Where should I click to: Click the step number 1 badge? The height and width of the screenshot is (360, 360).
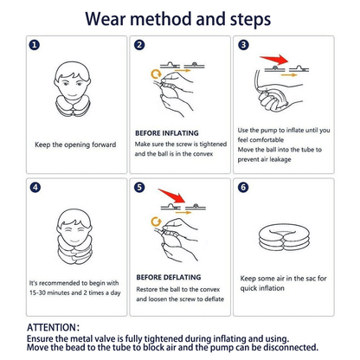pyautogui.click(x=35, y=45)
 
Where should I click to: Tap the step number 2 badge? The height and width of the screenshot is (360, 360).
pyautogui.click(x=139, y=45)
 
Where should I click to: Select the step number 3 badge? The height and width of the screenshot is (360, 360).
pyautogui.click(x=243, y=45)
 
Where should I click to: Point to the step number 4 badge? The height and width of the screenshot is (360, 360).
pyautogui.click(x=35, y=188)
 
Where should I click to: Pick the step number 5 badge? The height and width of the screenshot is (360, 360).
pyautogui.click(x=139, y=188)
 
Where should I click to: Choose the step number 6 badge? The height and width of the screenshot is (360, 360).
pyautogui.click(x=243, y=188)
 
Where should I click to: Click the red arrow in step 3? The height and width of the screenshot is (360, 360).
pyautogui.click(x=274, y=60)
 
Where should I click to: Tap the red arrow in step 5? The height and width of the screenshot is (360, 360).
pyautogui.click(x=172, y=195)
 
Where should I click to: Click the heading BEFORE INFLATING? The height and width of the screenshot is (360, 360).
pyautogui.click(x=167, y=133)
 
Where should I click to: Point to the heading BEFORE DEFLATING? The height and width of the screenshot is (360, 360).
pyautogui.click(x=169, y=277)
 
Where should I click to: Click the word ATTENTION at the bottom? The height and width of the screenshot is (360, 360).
pyautogui.click(x=51, y=328)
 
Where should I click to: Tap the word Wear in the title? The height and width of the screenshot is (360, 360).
pyautogui.click(x=106, y=19)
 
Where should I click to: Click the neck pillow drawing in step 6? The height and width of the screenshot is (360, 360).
pyautogui.click(x=284, y=238)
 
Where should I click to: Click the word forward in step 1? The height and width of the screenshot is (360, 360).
pyautogui.click(x=104, y=145)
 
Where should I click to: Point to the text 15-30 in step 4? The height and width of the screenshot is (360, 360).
pyautogui.click(x=37, y=292)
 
